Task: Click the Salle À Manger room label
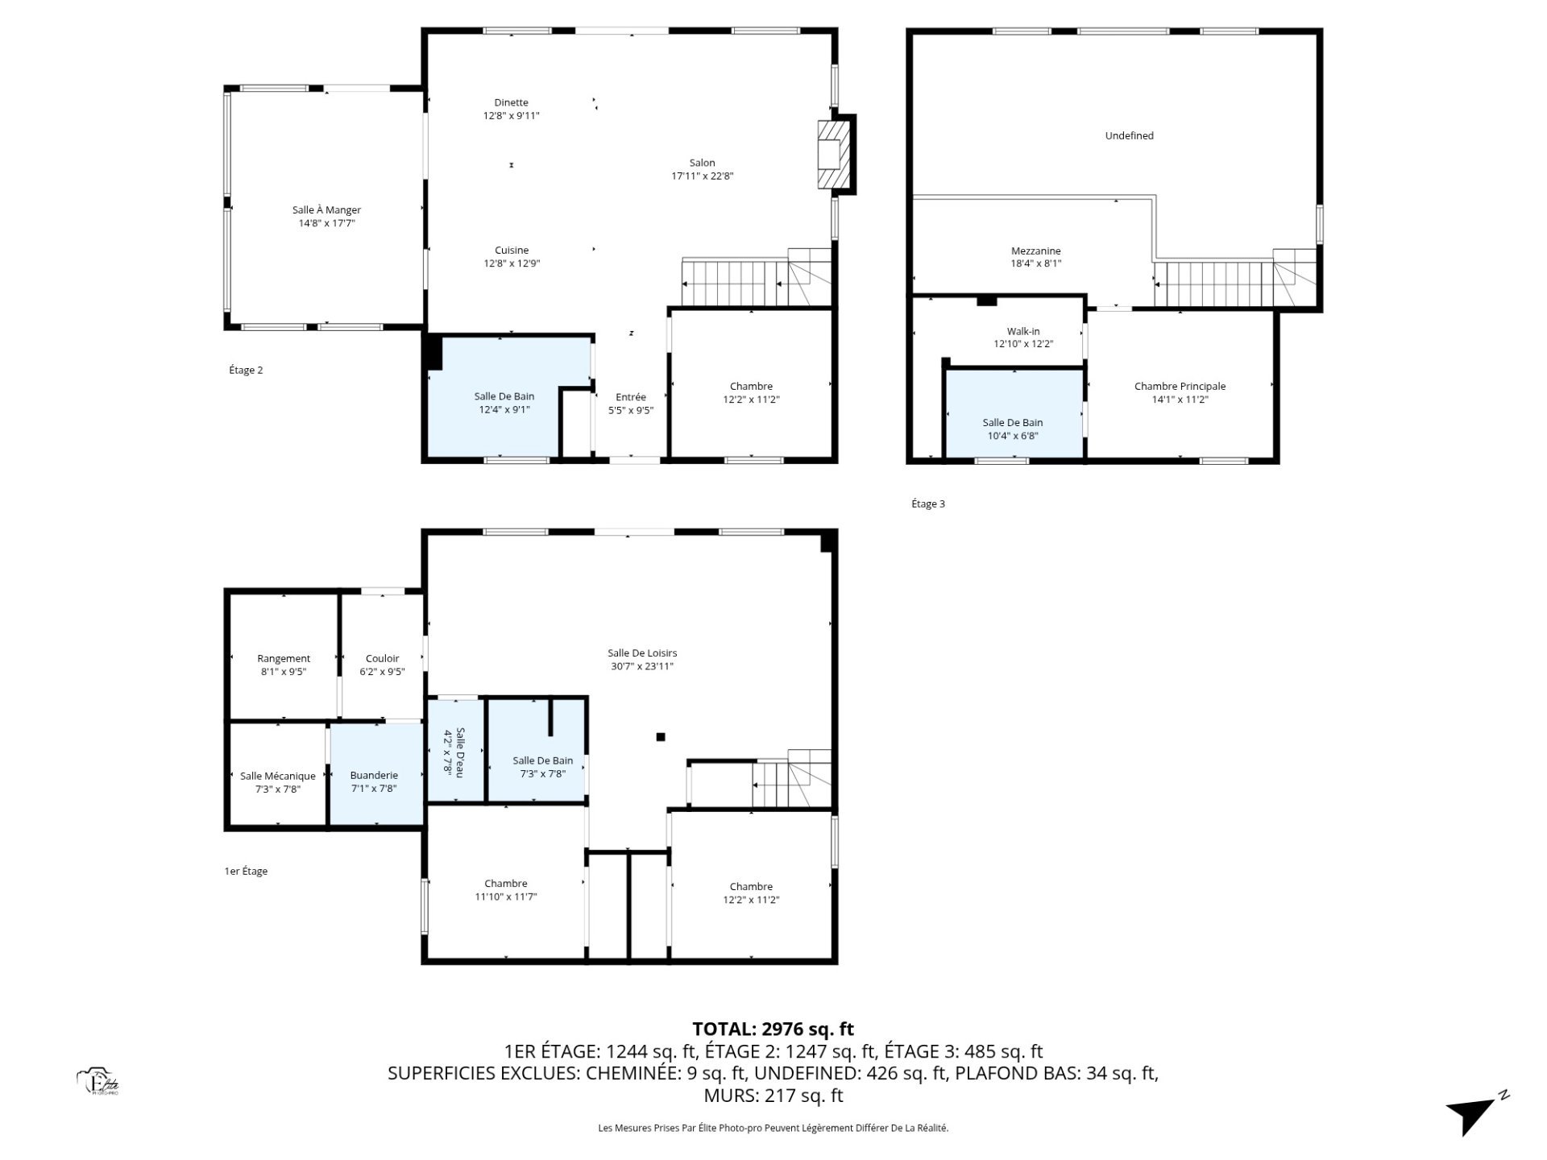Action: tap(326, 210)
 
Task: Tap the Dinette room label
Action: tap(511, 102)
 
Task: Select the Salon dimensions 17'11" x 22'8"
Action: tap(702, 176)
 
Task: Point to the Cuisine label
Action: tap(512, 251)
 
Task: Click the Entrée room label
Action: tap(631, 396)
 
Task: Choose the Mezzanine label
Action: tap(1036, 251)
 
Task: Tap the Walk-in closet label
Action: tap(1023, 331)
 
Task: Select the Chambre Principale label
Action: tap(1180, 387)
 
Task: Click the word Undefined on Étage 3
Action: tap(1129, 136)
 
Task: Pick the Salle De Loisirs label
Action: tap(642, 653)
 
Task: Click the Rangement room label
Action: tap(284, 659)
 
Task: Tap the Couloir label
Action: tap(382, 659)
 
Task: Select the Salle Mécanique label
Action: tap(278, 776)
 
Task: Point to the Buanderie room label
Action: tap(374, 776)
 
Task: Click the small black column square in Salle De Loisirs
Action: tap(661, 736)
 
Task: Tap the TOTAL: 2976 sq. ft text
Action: tap(773, 1029)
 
